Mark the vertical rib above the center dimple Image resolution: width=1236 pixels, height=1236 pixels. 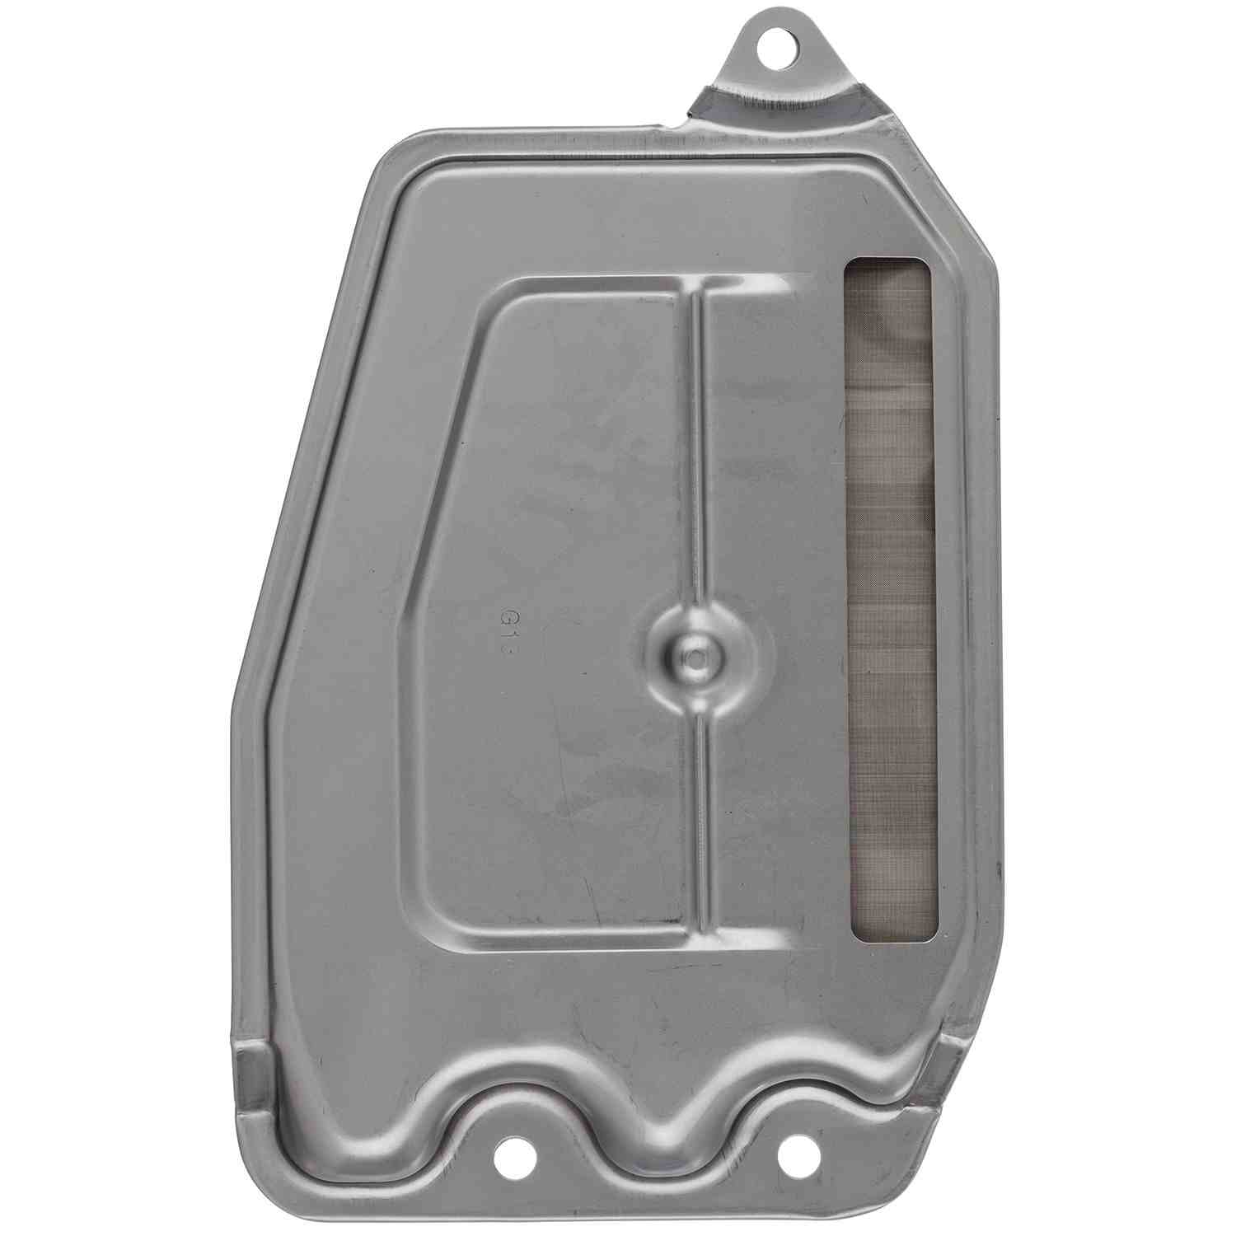696,453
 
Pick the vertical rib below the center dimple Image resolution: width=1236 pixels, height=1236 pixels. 698,824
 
